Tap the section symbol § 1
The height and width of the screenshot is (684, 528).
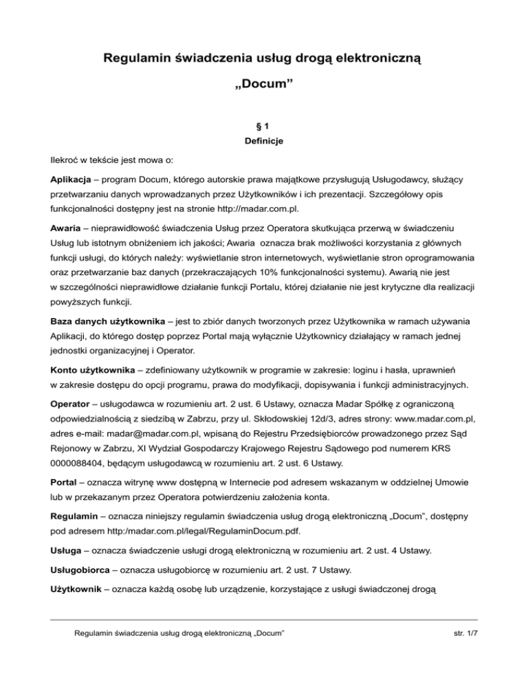[x=264, y=127]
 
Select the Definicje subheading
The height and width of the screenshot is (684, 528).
[x=264, y=142]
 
